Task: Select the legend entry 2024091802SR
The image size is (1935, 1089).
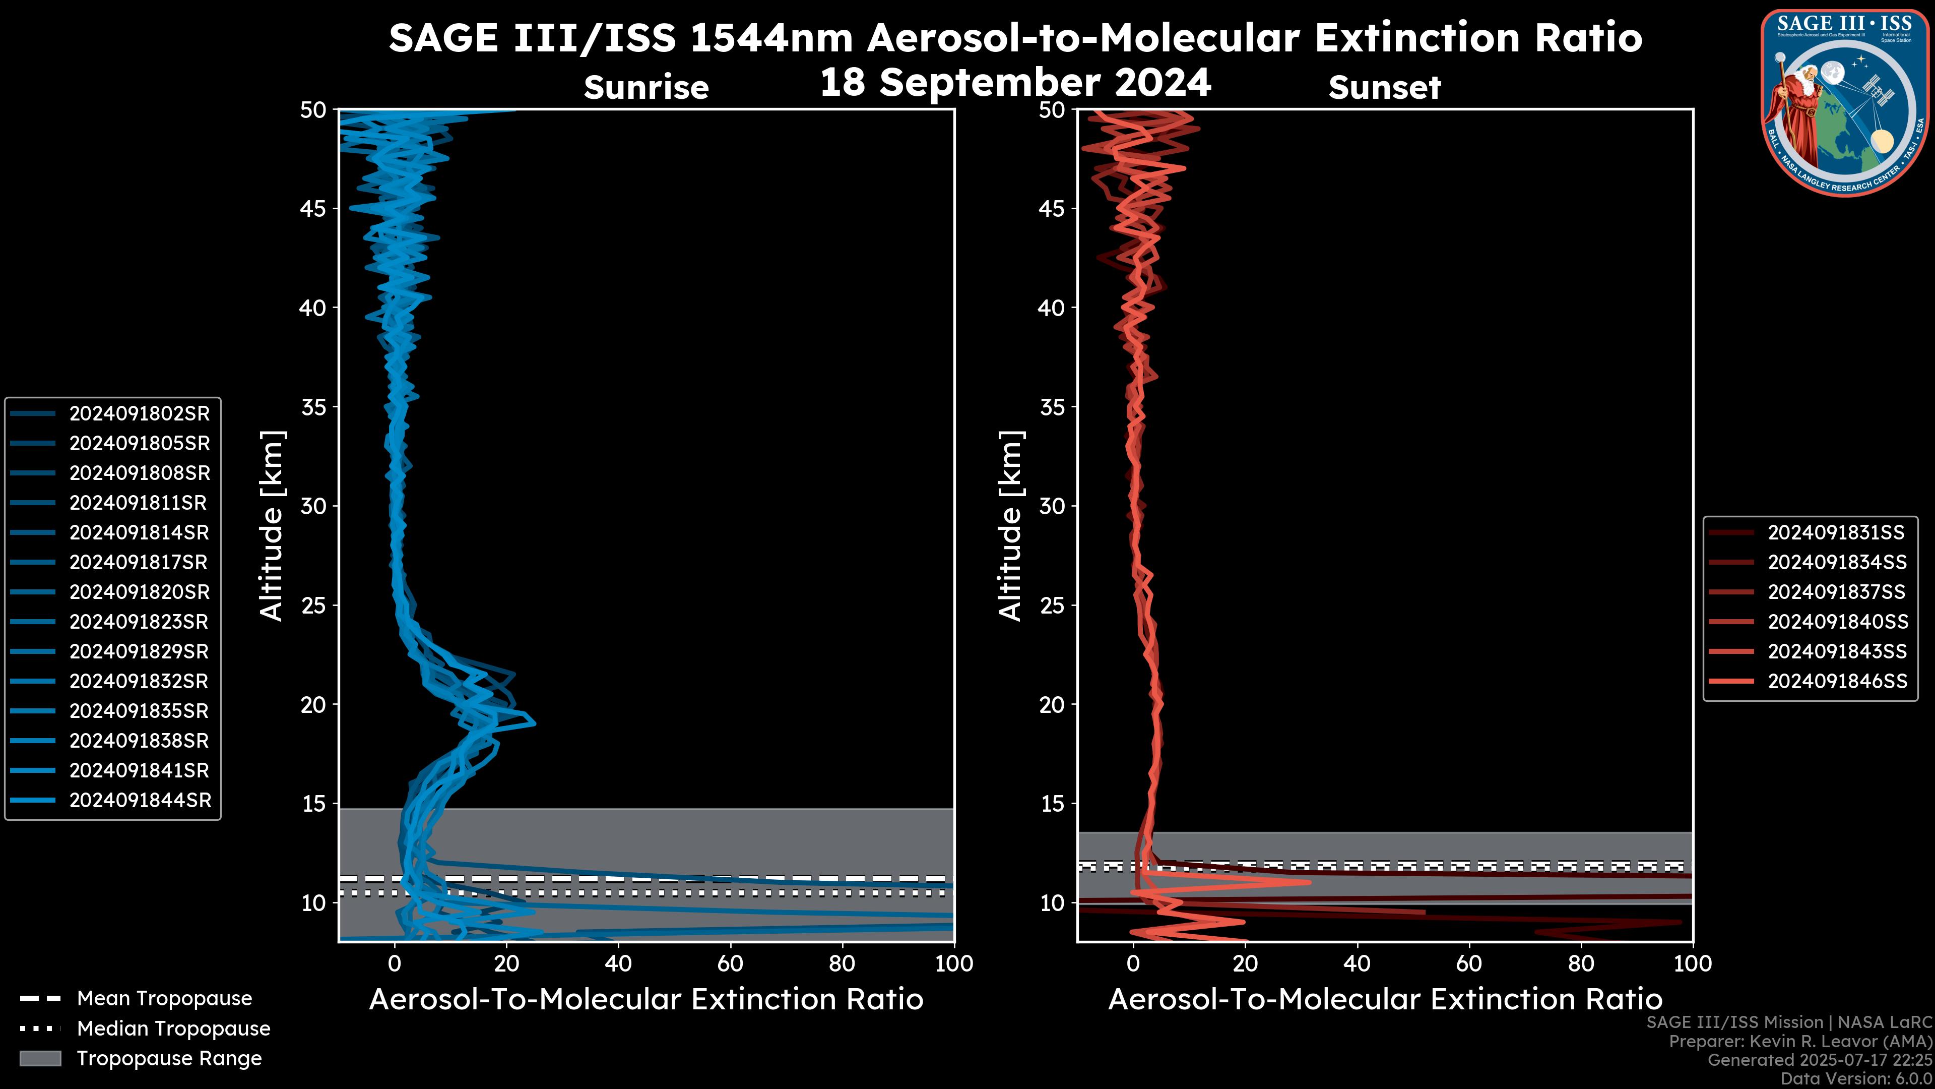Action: [139, 413]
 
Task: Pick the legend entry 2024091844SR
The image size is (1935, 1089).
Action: [139, 801]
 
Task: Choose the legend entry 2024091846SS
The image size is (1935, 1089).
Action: [1837, 681]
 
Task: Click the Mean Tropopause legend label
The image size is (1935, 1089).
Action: [164, 998]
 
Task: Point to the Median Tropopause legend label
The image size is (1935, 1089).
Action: [173, 1028]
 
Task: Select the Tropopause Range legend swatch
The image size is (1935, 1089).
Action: [40, 1058]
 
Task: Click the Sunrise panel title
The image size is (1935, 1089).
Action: [646, 87]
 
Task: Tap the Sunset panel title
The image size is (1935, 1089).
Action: [1384, 87]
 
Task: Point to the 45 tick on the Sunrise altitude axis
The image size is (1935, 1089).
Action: [314, 208]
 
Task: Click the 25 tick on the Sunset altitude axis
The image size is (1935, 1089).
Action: [1052, 605]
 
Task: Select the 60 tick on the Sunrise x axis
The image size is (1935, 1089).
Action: [730, 963]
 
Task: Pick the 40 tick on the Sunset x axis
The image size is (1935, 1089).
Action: [1357, 963]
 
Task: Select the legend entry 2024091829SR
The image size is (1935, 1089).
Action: [139, 651]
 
